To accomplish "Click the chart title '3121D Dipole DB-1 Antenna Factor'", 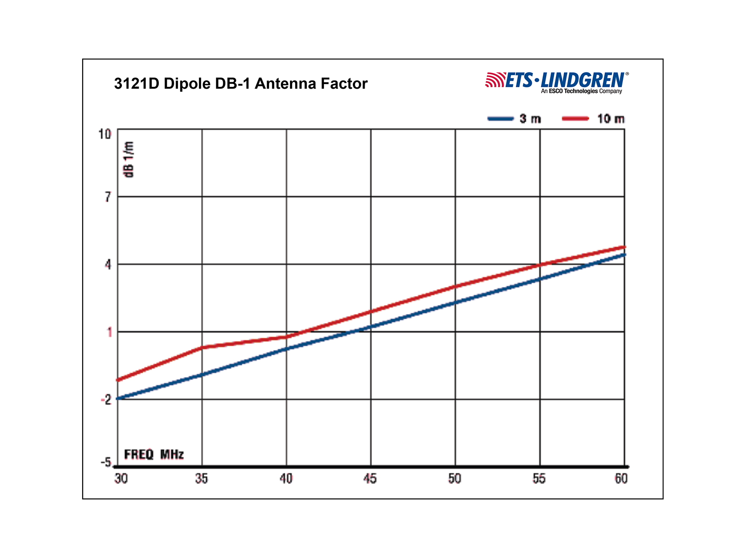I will click(x=240, y=84).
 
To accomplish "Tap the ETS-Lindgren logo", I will click(x=557, y=82).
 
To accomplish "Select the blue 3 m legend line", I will click(x=500, y=119).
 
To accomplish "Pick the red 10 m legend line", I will click(x=575, y=119).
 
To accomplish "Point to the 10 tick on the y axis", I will click(x=105, y=134).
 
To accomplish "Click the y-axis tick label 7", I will click(x=108, y=197).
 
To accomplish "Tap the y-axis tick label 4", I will click(x=108, y=265).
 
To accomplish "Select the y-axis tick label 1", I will click(x=109, y=332).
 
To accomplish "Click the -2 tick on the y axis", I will click(x=106, y=400).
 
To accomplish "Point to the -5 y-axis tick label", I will click(x=106, y=462).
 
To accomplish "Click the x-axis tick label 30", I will click(x=121, y=479).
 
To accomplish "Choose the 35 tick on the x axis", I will click(x=202, y=479).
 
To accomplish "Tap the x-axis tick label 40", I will click(x=286, y=479).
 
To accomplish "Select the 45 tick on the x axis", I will click(x=370, y=479).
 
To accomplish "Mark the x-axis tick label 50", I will click(x=454, y=479).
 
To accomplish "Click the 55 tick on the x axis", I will click(x=539, y=479).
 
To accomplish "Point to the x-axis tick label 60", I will click(x=621, y=479).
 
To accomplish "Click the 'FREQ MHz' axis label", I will click(x=154, y=455).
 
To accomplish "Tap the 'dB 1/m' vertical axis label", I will click(x=129, y=159).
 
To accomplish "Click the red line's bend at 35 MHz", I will click(x=202, y=347).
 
